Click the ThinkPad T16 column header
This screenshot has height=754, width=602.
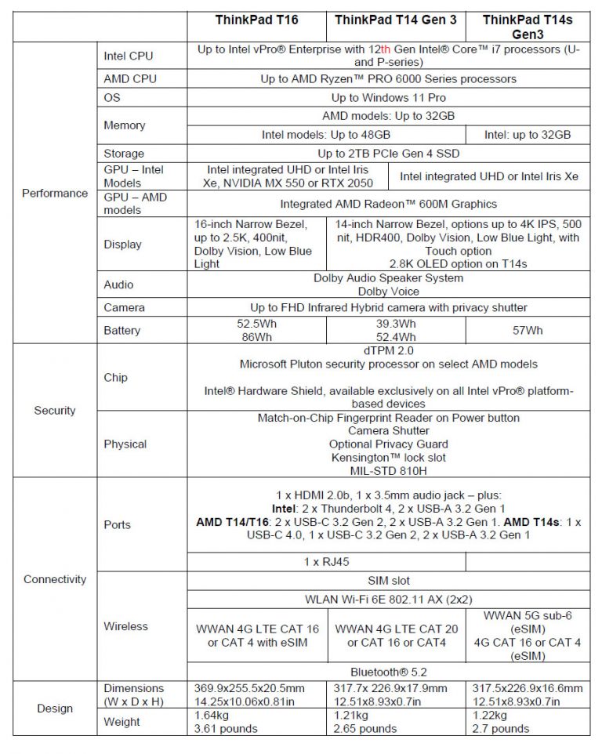[x=257, y=20]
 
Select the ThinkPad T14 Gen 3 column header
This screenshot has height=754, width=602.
[x=396, y=20]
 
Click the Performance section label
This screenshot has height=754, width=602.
[x=55, y=193]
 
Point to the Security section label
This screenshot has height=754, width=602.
[x=55, y=410]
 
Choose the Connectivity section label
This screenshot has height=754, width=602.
[x=55, y=579]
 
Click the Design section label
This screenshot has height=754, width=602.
[x=55, y=709]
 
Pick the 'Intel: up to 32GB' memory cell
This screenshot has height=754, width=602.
[x=528, y=135]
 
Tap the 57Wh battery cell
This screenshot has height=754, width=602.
[x=528, y=330]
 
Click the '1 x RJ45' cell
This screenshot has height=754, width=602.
[x=326, y=562]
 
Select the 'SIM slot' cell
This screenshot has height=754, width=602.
[x=388, y=581]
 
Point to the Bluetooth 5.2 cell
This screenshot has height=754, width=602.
[x=388, y=672]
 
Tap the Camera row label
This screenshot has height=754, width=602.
[x=124, y=307]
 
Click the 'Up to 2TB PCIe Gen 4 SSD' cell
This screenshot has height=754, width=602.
[x=388, y=154]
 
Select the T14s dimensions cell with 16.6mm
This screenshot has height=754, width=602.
[x=528, y=694]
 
